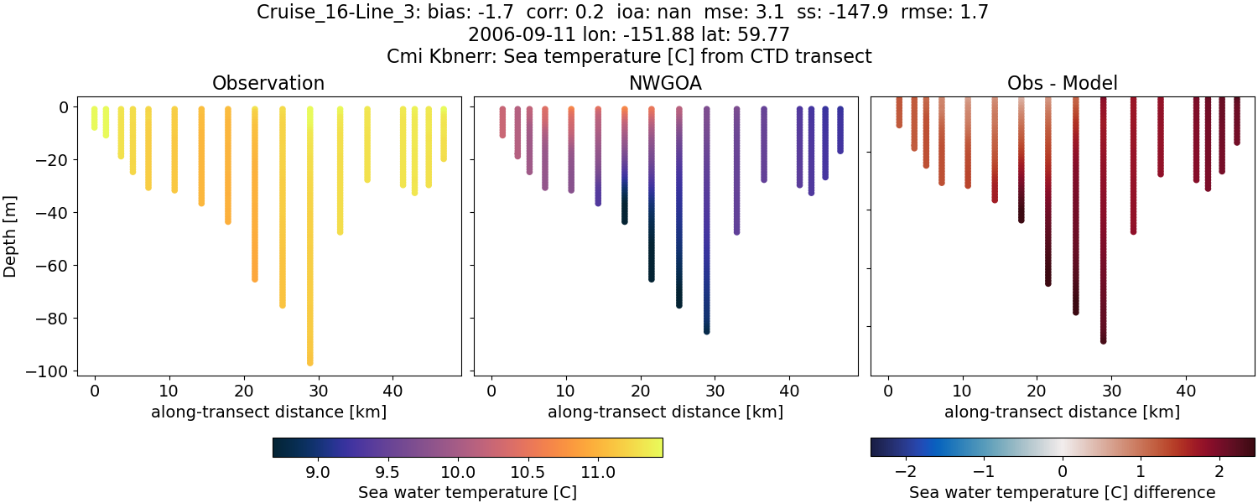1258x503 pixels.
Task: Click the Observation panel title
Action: click(268, 83)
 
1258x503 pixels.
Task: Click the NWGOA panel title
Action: click(666, 83)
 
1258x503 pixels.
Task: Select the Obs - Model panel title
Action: click(1062, 83)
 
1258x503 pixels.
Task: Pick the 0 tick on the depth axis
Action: click(67, 107)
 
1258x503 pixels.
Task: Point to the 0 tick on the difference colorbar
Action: click(1063, 472)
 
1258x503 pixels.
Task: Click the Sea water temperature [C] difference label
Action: click(1062, 492)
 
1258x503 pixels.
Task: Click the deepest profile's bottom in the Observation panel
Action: click(310, 362)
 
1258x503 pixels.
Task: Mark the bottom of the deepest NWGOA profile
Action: click(707, 330)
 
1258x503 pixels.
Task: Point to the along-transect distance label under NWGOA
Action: click(666, 412)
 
